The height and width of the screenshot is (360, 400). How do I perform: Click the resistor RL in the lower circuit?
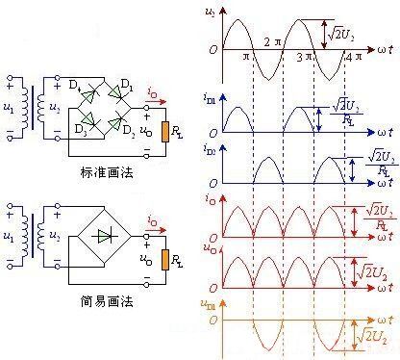(168, 258)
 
